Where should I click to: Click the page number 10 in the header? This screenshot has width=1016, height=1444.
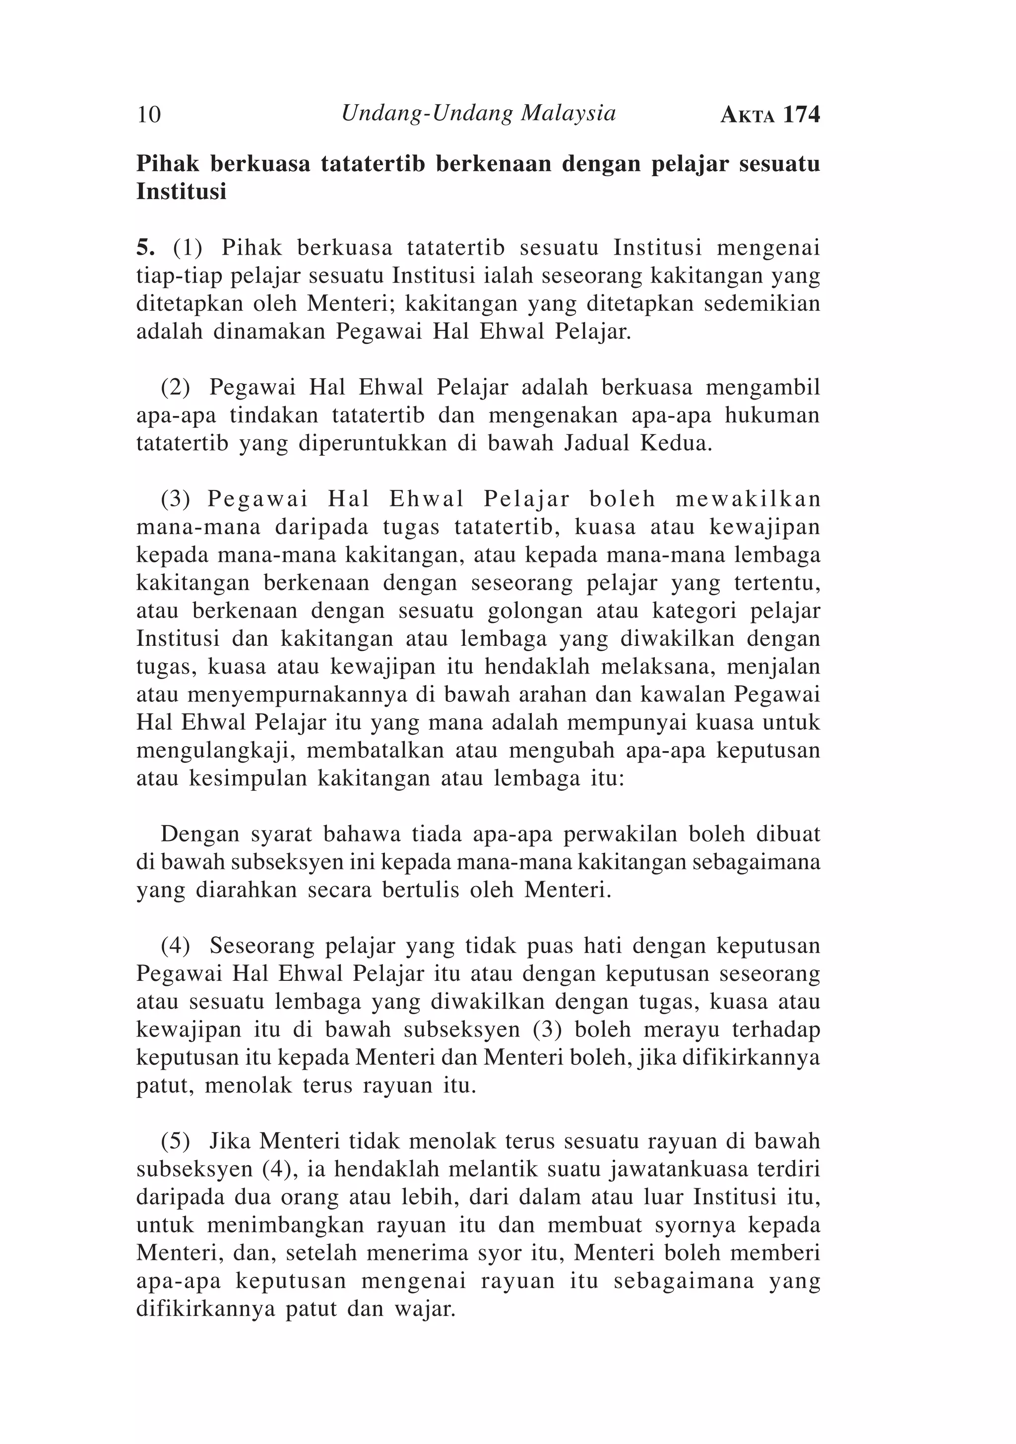149,115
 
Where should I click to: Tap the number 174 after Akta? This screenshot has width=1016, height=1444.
802,115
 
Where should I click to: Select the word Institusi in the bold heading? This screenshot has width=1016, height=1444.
181,192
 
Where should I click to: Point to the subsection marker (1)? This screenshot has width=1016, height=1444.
188,248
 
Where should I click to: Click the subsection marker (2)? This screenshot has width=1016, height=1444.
176,387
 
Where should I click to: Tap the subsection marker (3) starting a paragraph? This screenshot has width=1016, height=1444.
176,499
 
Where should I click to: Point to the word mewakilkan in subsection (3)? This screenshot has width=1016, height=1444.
748,499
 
